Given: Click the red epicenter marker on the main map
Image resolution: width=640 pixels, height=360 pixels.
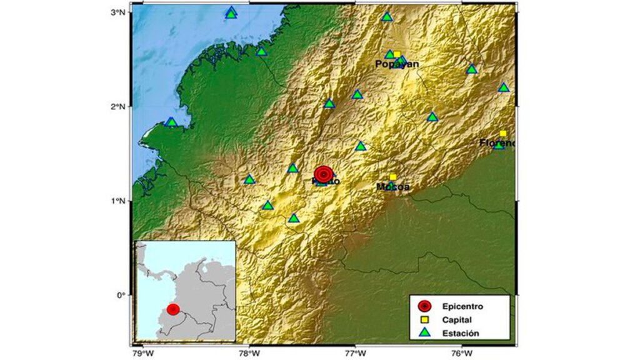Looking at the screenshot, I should click(x=323, y=174).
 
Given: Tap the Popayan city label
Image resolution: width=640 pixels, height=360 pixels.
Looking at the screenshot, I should click(x=397, y=64).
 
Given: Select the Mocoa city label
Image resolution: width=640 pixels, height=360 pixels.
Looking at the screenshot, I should click(x=393, y=187).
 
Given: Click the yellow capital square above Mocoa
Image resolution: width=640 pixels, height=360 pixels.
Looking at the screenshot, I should click(x=393, y=177).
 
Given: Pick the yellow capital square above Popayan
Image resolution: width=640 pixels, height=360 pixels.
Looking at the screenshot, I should click(x=397, y=54).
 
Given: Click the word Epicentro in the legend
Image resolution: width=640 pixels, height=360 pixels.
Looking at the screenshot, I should click(x=462, y=306).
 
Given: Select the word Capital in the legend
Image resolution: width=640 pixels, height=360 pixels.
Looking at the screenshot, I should click(x=457, y=320).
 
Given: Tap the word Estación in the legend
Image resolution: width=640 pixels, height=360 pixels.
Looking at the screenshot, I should click(x=461, y=334).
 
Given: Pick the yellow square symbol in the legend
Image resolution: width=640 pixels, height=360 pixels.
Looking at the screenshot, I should click(x=424, y=320).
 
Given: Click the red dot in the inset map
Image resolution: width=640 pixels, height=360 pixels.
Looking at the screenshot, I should click(x=173, y=309).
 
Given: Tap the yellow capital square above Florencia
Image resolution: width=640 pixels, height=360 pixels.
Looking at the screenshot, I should click(x=503, y=134).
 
